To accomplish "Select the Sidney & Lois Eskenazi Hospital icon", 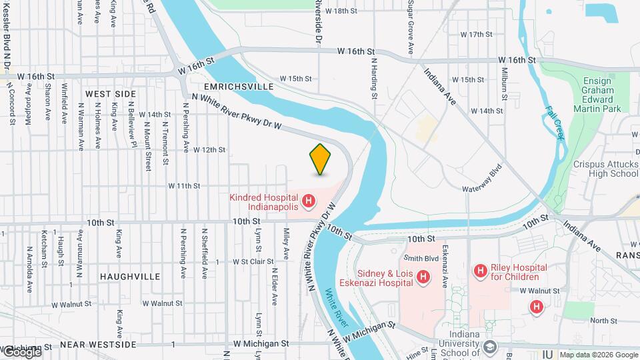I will tap(423, 277).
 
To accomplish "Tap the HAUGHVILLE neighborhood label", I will tap(130, 276).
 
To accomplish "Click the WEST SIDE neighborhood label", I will tap(110, 94).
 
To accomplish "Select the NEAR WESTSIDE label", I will tap(107, 345).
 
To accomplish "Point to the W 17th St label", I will tap(476, 34).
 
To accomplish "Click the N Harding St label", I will tap(375, 79).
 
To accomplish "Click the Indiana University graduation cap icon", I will tap(490, 347).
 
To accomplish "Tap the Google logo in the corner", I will tap(21, 352).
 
